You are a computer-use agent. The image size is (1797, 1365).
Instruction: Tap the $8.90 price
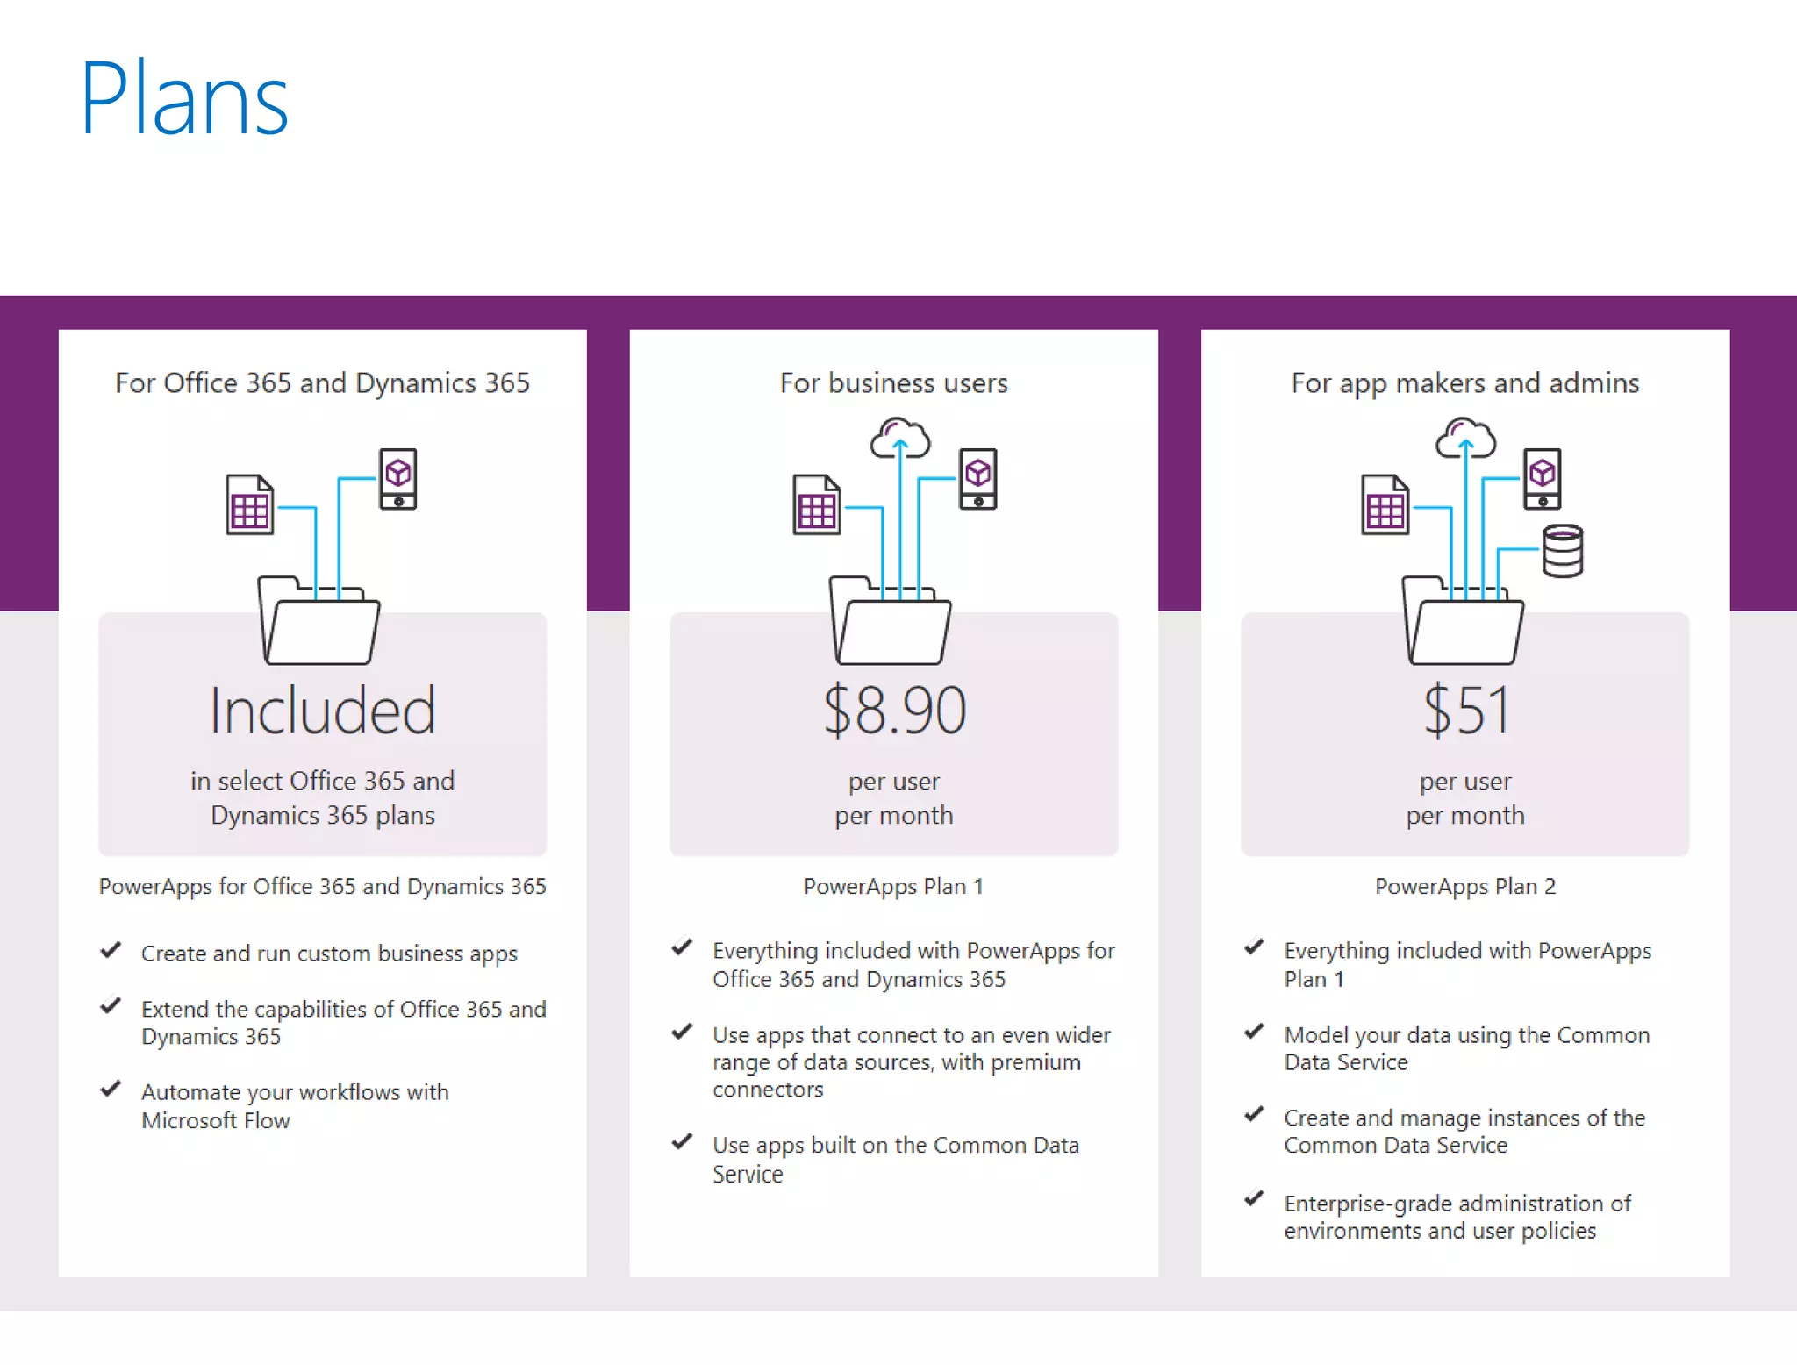tap(894, 710)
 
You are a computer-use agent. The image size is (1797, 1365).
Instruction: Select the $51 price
tap(1465, 710)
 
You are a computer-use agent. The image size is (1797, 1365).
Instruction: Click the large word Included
tap(322, 710)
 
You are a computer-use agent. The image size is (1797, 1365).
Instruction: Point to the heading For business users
tap(893, 383)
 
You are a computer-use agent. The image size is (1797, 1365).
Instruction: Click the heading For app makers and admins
tap(1464, 383)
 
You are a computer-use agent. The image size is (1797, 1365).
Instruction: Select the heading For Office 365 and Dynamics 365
tap(322, 383)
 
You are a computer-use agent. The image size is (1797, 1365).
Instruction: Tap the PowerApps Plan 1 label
tap(893, 886)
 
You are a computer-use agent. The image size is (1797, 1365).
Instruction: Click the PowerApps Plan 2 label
tap(1464, 886)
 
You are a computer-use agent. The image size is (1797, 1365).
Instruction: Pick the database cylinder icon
tap(1563, 551)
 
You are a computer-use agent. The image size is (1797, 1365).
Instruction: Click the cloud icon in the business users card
tap(899, 439)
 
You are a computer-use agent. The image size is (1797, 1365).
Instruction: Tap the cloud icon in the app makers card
tap(1465, 439)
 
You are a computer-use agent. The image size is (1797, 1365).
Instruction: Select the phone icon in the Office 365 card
tap(397, 478)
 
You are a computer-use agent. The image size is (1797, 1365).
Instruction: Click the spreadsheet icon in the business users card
tap(816, 504)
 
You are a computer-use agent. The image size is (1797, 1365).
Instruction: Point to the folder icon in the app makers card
tap(1463, 621)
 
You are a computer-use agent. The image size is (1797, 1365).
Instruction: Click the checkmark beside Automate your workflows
tap(111, 1089)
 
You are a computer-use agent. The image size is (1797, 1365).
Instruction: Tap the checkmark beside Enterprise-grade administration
tap(1254, 1198)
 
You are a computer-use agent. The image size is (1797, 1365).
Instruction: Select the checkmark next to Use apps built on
tap(682, 1141)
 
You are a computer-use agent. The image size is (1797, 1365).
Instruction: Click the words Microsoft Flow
tap(215, 1120)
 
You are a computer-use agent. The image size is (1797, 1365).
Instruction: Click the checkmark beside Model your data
tap(1254, 1031)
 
